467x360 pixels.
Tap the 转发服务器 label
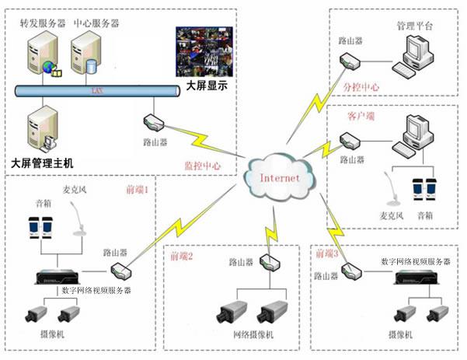click(x=43, y=23)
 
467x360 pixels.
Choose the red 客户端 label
click(x=361, y=115)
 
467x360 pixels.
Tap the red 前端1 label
click(x=141, y=189)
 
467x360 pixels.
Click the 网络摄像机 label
click(x=253, y=336)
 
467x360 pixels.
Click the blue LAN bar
click(x=97, y=92)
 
